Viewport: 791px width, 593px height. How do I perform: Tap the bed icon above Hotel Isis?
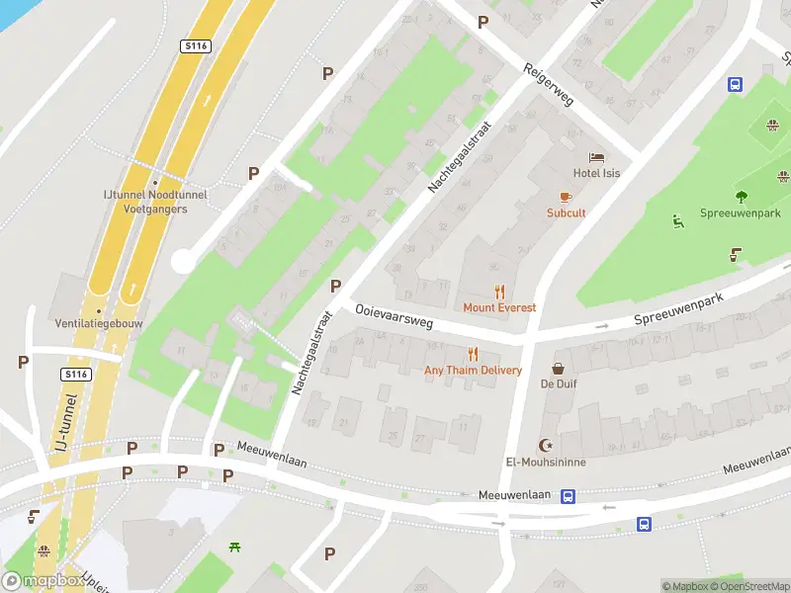[596, 157]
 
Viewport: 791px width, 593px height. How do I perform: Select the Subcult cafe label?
[567, 212]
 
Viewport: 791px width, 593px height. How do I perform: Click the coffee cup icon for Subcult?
[567, 197]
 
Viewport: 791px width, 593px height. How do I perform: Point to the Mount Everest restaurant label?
[499, 307]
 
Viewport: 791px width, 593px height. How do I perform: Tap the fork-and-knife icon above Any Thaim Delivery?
[473, 354]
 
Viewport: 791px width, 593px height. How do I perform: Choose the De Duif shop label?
[559, 383]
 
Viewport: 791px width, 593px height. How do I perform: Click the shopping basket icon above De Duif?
[559, 367]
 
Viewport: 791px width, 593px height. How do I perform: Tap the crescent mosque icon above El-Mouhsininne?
[543, 445]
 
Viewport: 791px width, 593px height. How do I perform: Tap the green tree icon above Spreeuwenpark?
[742, 196]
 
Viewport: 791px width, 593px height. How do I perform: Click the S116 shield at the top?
[194, 46]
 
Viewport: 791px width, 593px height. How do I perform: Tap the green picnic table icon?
[235, 547]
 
